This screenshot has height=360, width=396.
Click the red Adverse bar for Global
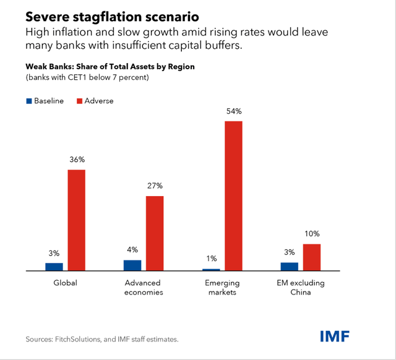76,220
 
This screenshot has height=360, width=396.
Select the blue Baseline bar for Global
54,267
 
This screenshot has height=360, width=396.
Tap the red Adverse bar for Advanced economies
155,233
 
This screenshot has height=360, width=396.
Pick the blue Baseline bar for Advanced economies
132,265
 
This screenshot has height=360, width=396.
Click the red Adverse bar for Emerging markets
233,195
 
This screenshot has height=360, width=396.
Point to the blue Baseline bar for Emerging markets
211,270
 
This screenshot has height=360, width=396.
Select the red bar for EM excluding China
312,257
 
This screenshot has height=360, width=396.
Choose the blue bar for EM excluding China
289,267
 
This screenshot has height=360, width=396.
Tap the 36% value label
76,160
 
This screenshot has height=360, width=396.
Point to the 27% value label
155,186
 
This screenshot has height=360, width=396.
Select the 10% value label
312,234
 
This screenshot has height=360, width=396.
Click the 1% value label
211,259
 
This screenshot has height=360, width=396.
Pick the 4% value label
132,250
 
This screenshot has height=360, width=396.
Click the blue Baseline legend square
28,101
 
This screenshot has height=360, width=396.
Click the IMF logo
335,336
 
